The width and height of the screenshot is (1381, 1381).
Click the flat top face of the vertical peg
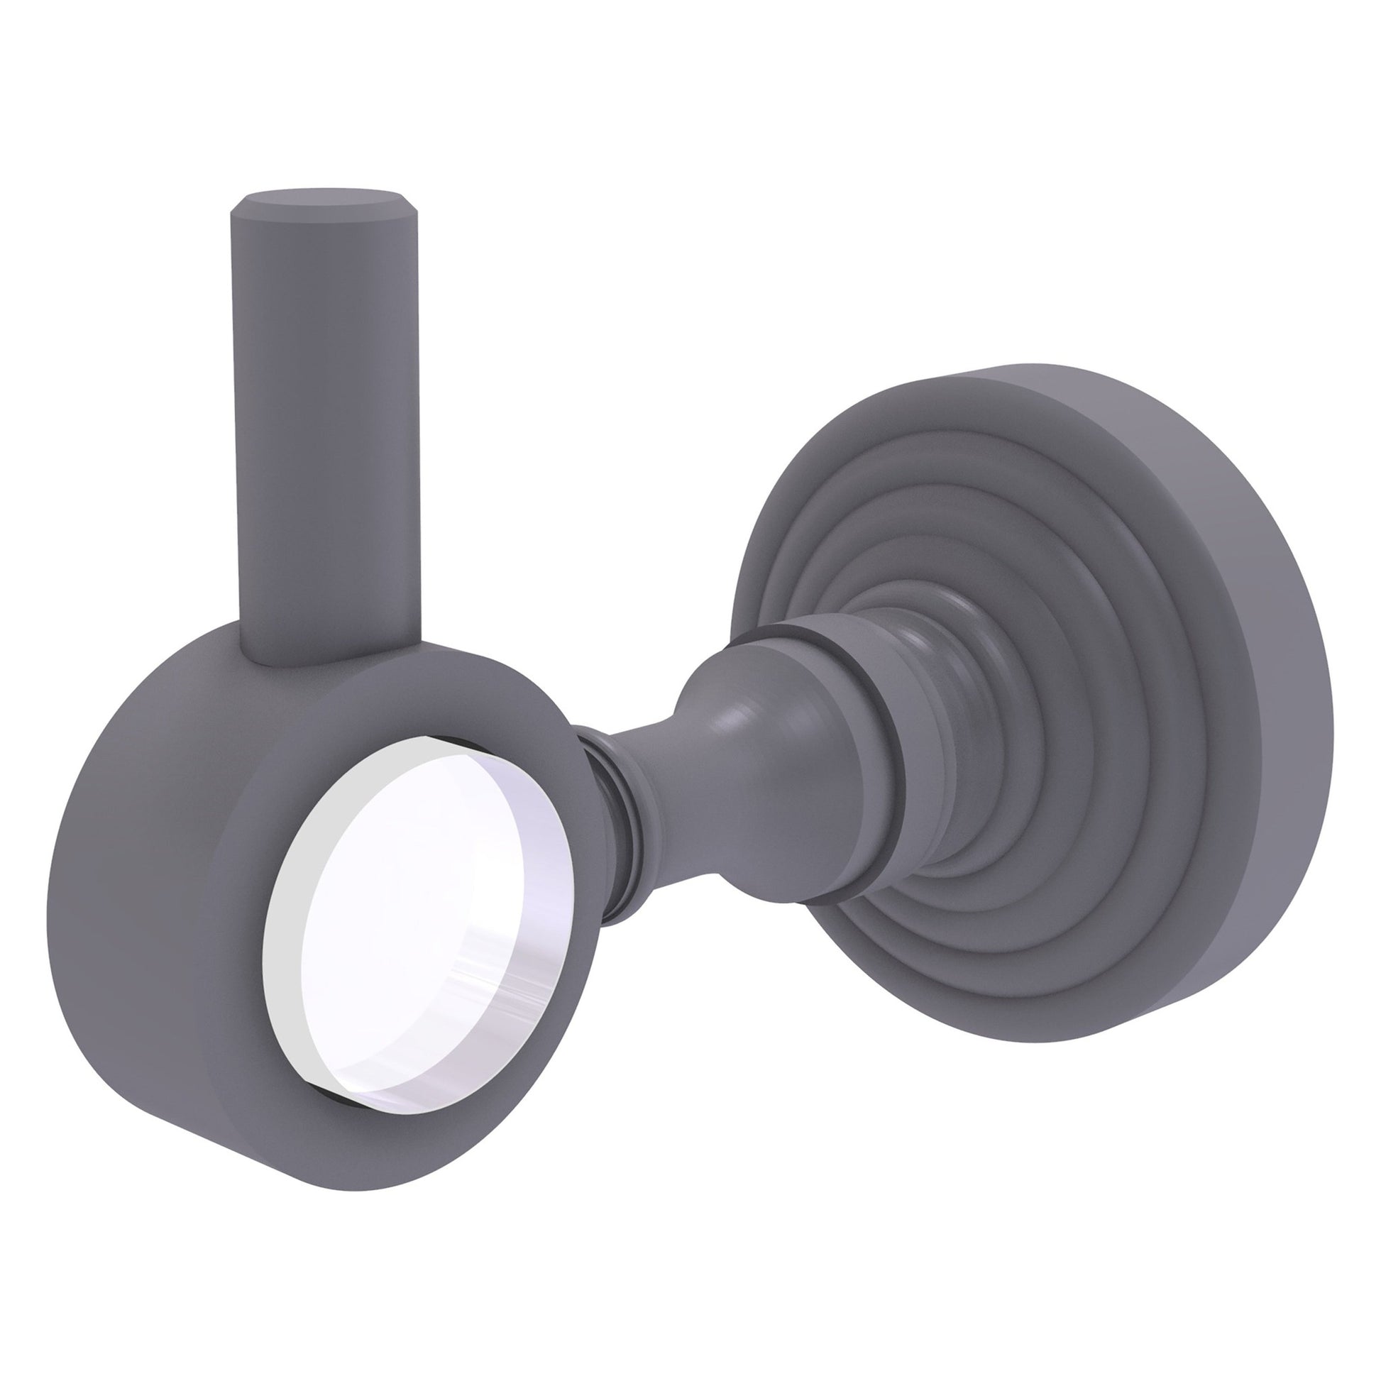coord(314,198)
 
